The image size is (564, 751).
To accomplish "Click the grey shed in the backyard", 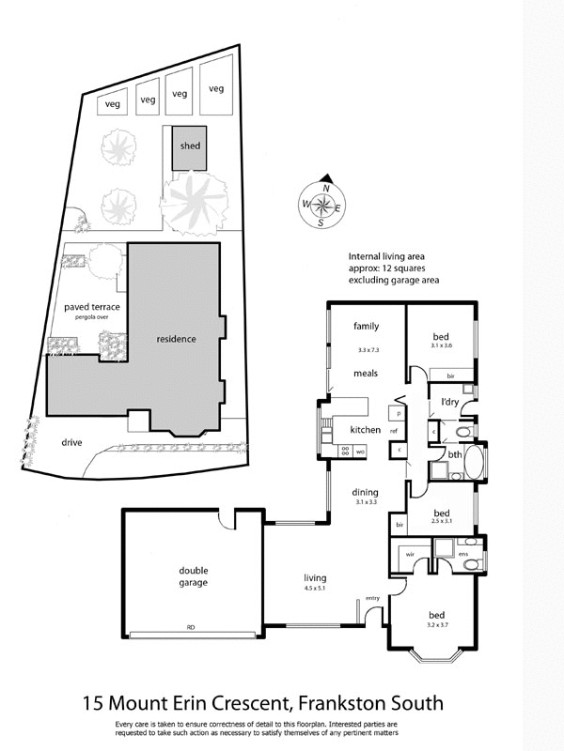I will click(190, 147).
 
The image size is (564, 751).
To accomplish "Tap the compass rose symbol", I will click(321, 203).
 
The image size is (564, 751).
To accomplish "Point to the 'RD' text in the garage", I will click(191, 626).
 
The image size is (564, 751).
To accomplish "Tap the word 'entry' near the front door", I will click(372, 598).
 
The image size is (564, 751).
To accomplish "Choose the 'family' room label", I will click(366, 326).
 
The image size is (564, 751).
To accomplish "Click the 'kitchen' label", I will click(365, 429).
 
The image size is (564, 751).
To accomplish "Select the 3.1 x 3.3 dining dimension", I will click(365, 503).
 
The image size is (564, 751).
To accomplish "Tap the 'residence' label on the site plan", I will click(176, 338).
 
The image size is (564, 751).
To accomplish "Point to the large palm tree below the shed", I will click(196, 200).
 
